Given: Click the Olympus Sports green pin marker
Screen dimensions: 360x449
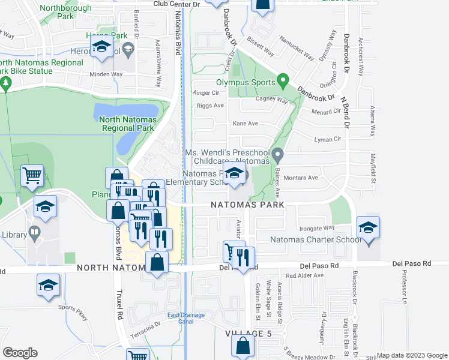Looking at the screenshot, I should (x=284, y=80).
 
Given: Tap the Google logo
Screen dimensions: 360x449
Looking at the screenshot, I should (x=20, y=353).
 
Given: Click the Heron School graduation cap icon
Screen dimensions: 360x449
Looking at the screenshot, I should (x=101, y=47).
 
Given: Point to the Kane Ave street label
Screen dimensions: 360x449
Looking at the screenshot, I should (x=245, y=124).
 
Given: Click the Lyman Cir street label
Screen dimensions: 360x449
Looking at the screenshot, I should (x=327, y=139).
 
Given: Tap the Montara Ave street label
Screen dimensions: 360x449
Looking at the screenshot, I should (x=304, y=178).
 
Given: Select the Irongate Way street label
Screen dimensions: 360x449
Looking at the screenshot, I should (x=318, y=228).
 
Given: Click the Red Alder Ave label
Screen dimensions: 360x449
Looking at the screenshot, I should (x=304, y=275).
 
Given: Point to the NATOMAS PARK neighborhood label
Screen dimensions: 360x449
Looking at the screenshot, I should (x=246, y=205).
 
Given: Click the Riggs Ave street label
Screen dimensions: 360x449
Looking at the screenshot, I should (x=210, y=106).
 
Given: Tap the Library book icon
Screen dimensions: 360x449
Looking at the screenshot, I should (x=35, y=232).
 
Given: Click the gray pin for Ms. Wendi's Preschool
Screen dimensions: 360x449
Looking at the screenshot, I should (x=277, y=155).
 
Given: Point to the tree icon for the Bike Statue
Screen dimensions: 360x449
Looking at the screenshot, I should (x=5, y=84).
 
